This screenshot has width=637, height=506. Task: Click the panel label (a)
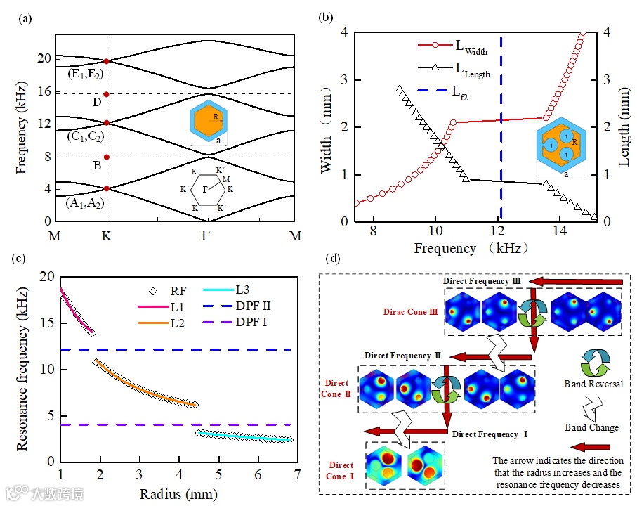pyautogui.click(x=25, y=19)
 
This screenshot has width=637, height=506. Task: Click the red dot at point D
pyautogui.click(x=106, y=94)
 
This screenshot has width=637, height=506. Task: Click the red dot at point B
pyautogui.click(x=106, y=157)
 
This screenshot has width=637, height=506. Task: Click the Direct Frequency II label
pyautogui.click(x=402, y=356)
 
